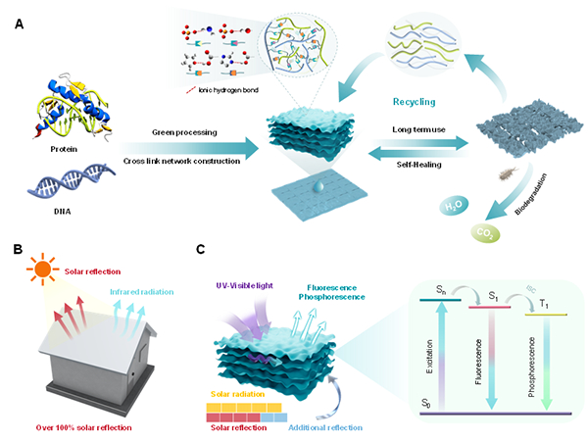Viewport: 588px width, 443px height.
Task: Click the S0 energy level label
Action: click(x=426, y=403)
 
